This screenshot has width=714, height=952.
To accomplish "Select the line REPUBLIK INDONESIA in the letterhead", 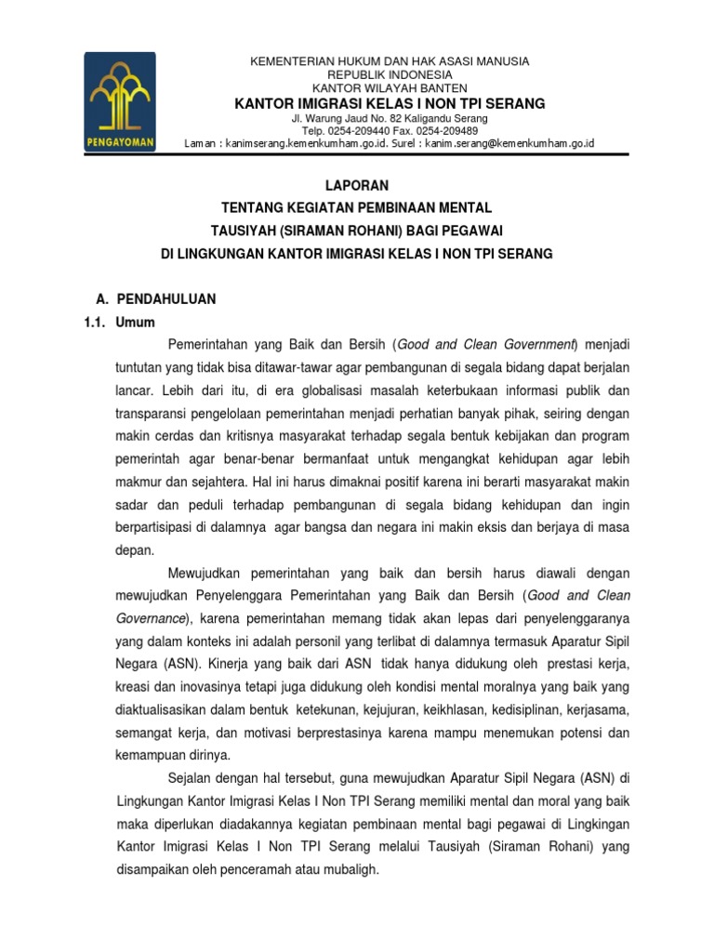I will tap(390, 74).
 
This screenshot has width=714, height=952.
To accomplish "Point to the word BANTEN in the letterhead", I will tap(442, 87).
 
